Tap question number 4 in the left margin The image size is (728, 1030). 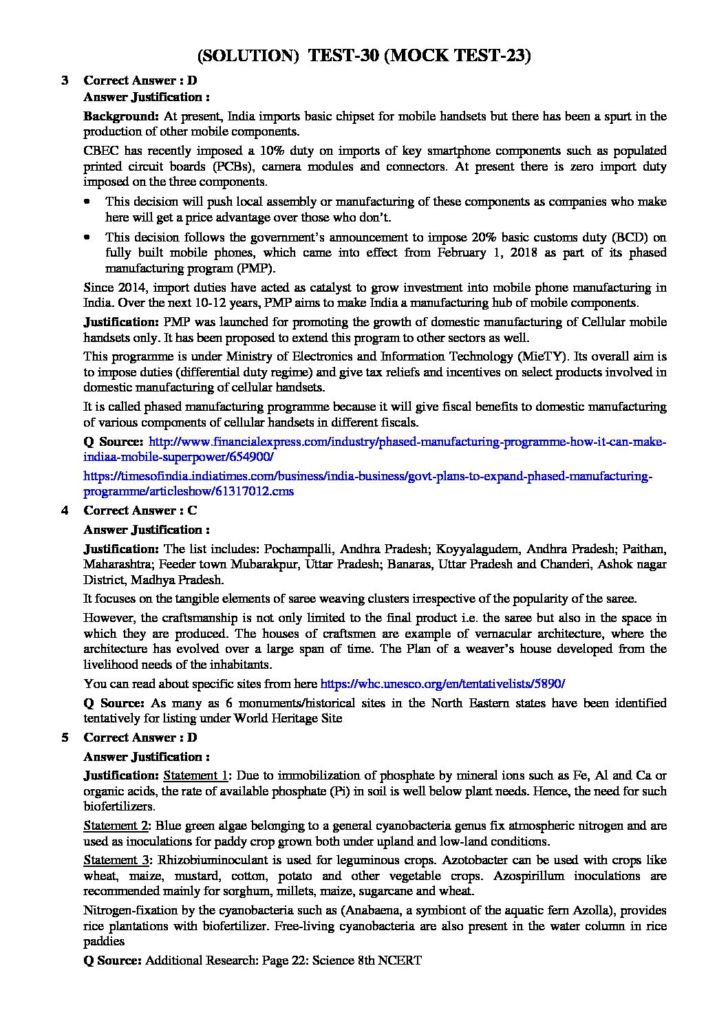pyautogui.click(x=65, y=511)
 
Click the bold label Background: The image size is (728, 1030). pyautogui.click(x=121, y=116)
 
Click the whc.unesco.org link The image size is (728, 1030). pyautogui.click(x=442, y=684)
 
